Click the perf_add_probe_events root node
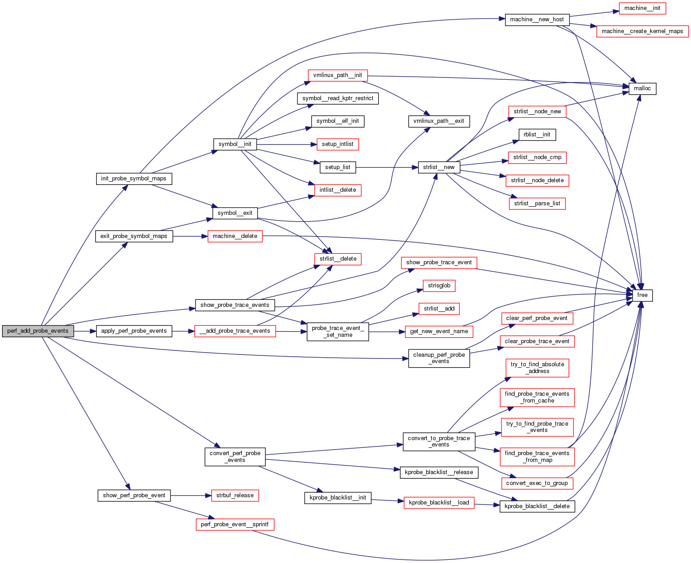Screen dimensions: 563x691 point(38,331)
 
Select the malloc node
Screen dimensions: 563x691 point(642,88)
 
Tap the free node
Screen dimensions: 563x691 point(642,295)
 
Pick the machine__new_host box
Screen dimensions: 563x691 point(537,19)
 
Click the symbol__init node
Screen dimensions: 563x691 point(235,144)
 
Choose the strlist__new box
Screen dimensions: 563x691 point(438,167)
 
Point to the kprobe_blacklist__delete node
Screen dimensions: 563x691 point(537,506)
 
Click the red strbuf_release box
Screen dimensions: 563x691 point(235,495)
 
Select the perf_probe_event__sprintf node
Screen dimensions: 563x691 point(234,524)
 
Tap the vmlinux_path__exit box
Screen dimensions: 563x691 point(438,121)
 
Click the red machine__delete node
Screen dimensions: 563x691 point(235,236)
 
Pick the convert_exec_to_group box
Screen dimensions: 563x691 point(537,483)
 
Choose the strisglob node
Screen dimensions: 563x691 point(439,286)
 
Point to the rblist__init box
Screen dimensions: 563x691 point(537,135)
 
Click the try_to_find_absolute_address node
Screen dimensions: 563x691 point(537,368)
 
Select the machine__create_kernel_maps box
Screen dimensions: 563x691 point(642,31)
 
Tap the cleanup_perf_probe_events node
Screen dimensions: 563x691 point(439,358)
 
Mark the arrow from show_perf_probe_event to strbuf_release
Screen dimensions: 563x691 point(191,495)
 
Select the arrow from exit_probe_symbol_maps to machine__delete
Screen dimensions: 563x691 point(190,236)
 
